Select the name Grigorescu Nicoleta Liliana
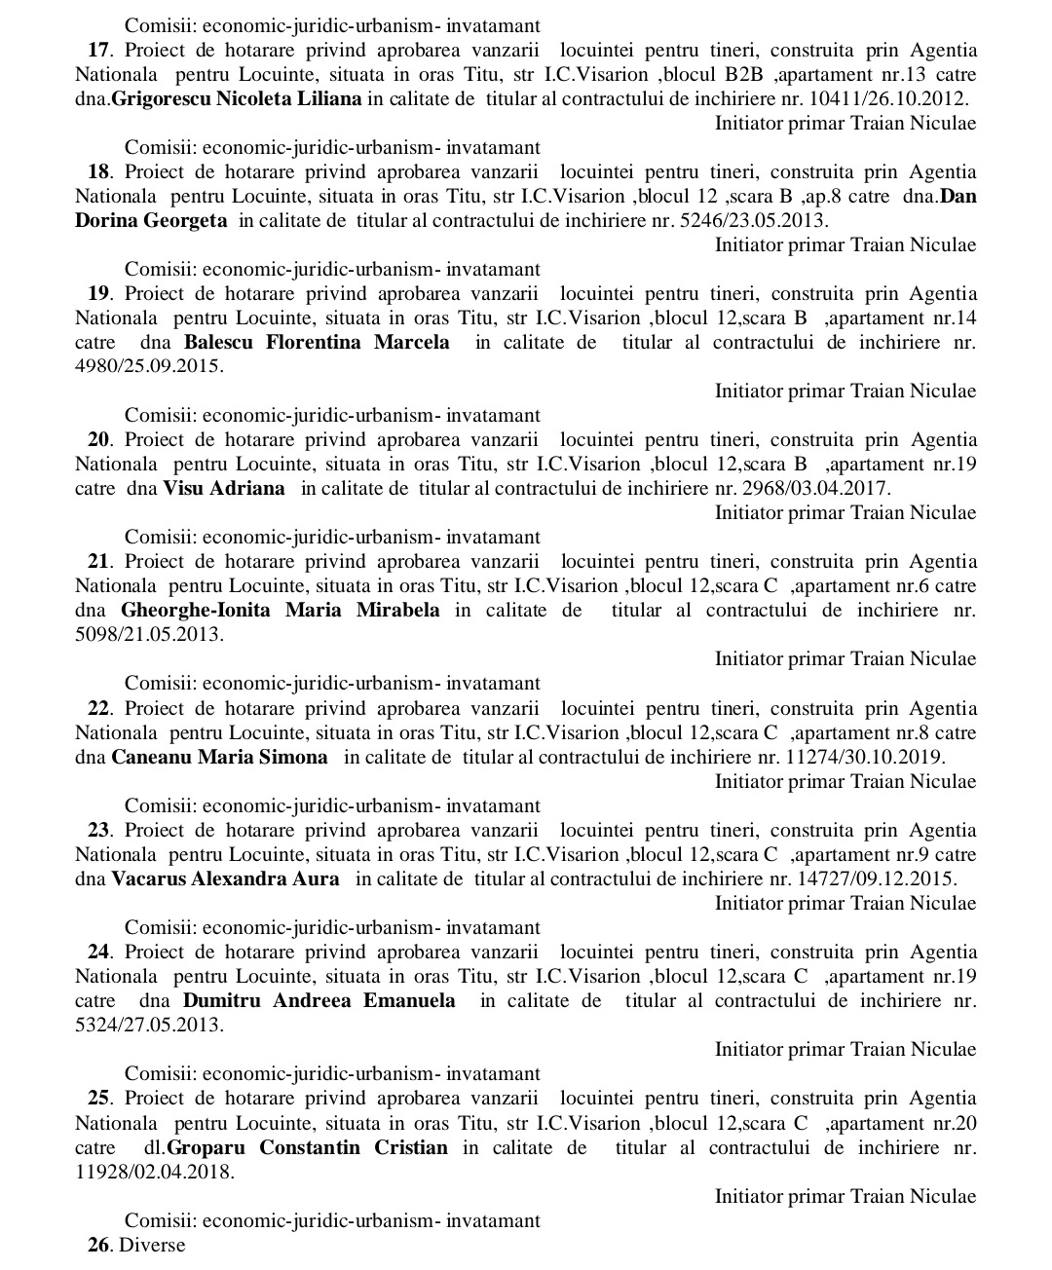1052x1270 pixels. click(x=237, y=99)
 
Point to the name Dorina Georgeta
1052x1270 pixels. click(x=151, y=221)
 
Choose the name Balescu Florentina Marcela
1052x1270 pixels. click(x=317, y=343)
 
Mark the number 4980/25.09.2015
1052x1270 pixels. click(x=148, y=367)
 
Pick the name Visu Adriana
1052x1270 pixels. click(x=224, y=489)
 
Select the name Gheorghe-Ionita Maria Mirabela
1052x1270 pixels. click(x=281, y=611)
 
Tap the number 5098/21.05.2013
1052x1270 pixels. click(x=148, y=635)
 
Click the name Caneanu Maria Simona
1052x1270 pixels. click(x=220, y=758)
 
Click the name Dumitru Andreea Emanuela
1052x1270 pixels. click(x=319, y=1001)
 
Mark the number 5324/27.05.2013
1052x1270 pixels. click(x=148, y=1026)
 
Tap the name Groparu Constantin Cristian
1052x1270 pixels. click(x=308, y=1147)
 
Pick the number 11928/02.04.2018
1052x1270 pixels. click(x=154, y=1172)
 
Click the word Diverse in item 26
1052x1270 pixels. click(x=152, y=1246)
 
